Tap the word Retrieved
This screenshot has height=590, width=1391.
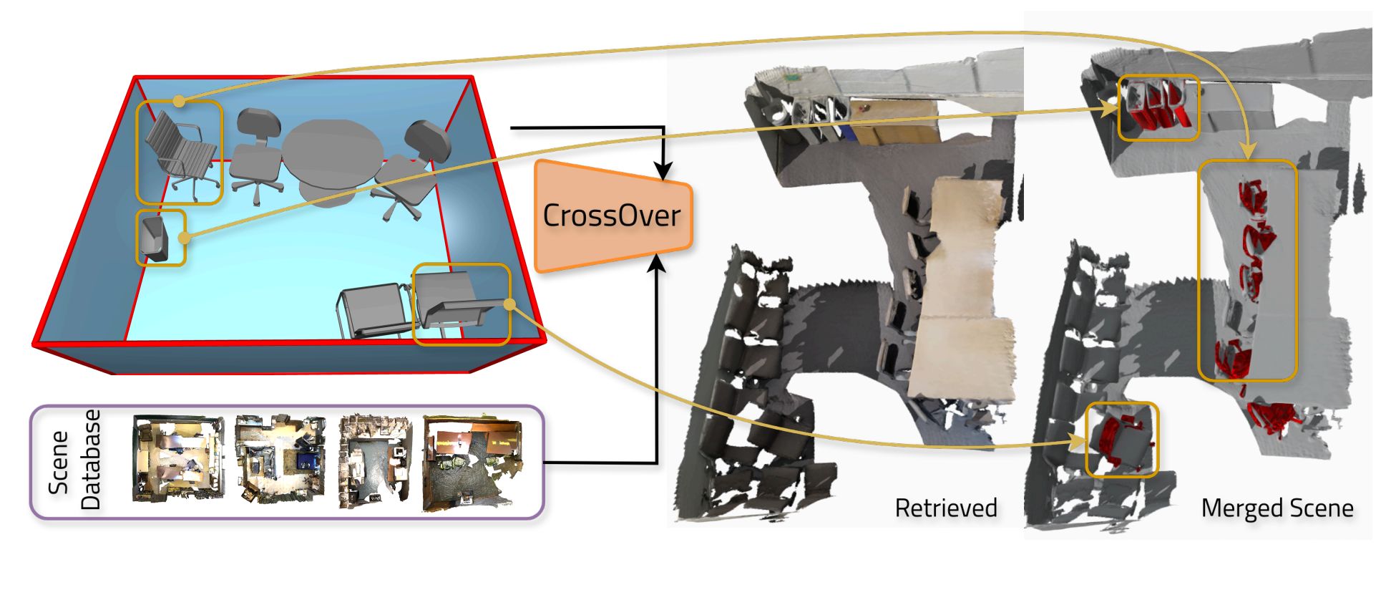point(946,508)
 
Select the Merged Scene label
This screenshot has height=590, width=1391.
point(1277,508)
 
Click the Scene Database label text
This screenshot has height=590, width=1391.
point(74,460)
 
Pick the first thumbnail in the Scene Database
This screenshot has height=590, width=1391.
point(178,458)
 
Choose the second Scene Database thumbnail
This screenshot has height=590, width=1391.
point(280,458)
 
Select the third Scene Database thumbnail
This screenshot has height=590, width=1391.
point(375,460)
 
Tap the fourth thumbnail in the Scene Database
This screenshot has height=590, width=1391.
point(472,463)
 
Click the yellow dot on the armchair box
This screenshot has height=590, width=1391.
point(509,305)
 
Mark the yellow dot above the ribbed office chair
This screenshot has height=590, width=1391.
point(179,102)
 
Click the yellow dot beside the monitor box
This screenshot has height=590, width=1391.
point(184,238)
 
